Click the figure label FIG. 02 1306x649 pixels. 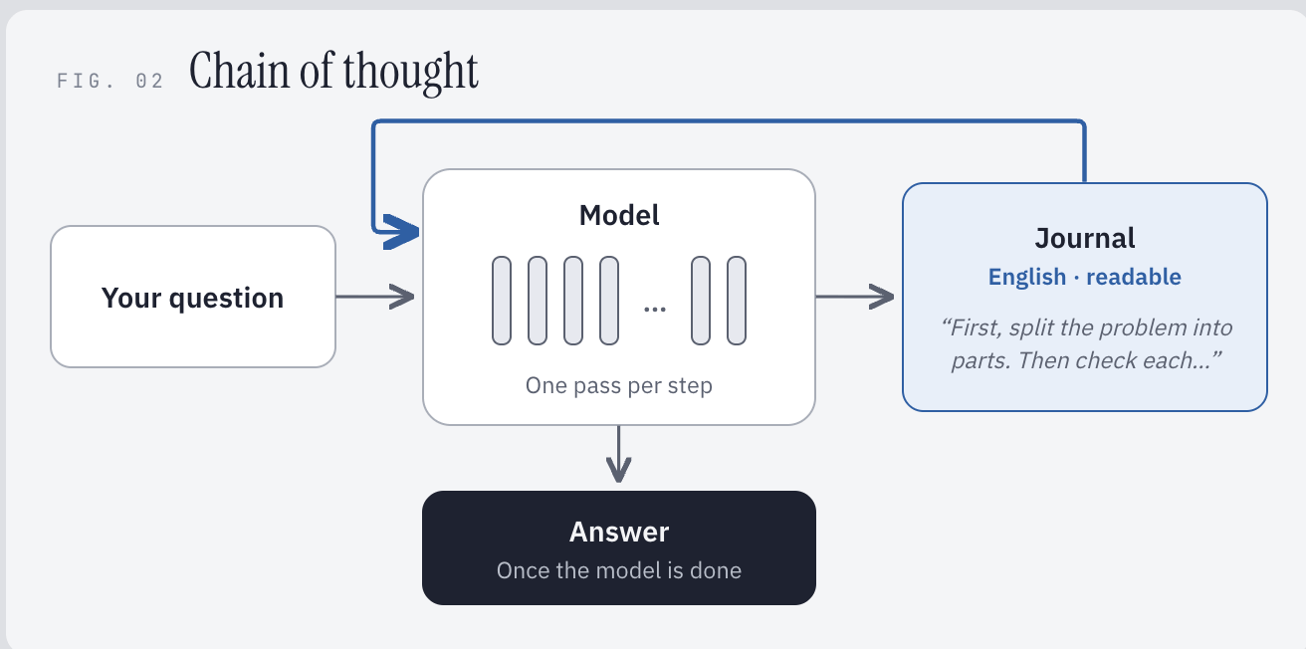click(x=109, y=81)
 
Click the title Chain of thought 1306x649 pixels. click(x=334, y=72)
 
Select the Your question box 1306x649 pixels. click(x=193, y=297)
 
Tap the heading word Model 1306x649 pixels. click(x=619, y=215)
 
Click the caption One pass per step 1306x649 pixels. click(x=619, y=385)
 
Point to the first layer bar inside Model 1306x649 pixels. click(x=502, y=301)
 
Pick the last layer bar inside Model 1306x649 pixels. click(x=737, y=301)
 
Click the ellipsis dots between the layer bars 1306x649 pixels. click(x=655, y=309)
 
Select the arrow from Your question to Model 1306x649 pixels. click(x=375, y=297)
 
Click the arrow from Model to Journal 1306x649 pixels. click(x=855, y=297)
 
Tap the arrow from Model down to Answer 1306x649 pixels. click(x=618, y=454)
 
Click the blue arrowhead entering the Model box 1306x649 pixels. click(x=401, y=232)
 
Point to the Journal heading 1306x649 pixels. click(x=1085, y=238)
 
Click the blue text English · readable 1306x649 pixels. click(x=1085, y=277)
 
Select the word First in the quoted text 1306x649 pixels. click(x=972, y=327)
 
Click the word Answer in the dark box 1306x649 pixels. click(x=619, y=532)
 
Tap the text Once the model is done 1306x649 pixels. click(x=619, y=570)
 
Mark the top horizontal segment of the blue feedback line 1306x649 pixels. click(x=729, y=121)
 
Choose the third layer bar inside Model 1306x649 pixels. click(x=573, y=301)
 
